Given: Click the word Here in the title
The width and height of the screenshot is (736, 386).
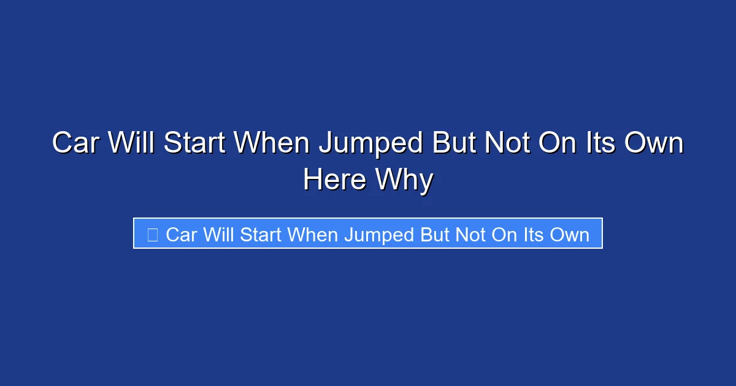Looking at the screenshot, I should click(x=335, y=180).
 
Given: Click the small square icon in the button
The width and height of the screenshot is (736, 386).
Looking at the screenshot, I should click(x=153, y=234).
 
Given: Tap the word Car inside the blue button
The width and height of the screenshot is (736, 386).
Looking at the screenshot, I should click(x=181, y=235).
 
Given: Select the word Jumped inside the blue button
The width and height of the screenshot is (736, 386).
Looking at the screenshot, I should click(x=378, y=235).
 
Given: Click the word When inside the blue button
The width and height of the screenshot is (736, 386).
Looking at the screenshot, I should click(x=313, y=235).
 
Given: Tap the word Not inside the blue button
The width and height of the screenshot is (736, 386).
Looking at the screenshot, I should click(x=470, y=235).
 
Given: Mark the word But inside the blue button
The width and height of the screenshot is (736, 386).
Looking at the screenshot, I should click(x=434, y=235).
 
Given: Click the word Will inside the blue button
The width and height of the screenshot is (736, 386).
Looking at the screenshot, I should click(x=218, y=235).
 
